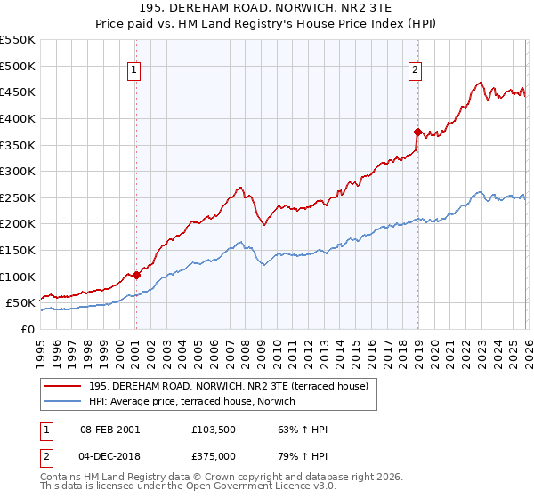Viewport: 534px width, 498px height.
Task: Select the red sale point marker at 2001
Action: click(x=136, y=275)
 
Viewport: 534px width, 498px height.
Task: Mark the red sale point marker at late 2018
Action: click(x=417, y=132)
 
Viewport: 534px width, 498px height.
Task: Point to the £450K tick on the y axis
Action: click(x=18, y=92)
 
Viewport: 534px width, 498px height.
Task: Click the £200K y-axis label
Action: click(x=18, y=223)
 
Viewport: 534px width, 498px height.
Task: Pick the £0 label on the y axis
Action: click(x=27, y=329)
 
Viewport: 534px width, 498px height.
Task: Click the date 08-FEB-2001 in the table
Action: click(x=110, y=430)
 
